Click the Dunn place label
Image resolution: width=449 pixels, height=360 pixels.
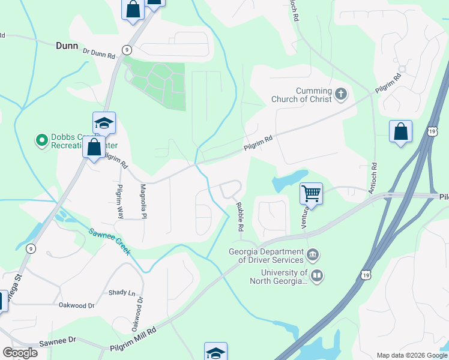pos(67,46)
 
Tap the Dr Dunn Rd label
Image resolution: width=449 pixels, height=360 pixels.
pos(99,54)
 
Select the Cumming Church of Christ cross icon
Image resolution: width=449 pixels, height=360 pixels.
pos(341,93)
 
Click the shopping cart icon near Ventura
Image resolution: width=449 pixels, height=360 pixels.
pos(311,193)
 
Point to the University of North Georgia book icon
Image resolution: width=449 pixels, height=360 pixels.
pos(317,276)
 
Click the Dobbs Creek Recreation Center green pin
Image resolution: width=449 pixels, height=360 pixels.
pos(42,140)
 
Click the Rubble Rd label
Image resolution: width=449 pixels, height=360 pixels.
pos(240,217)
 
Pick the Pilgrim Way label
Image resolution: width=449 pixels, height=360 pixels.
pos(120,200)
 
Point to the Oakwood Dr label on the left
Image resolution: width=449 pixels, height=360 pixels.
pos(76,305)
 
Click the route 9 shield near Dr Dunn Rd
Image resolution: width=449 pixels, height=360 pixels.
pos(126,50)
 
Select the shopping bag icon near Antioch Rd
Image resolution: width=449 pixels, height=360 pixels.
pos(400,131)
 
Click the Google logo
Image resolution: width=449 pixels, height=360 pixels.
pos(20,352)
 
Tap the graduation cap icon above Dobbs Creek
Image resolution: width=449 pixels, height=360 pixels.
pos(104,123)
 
